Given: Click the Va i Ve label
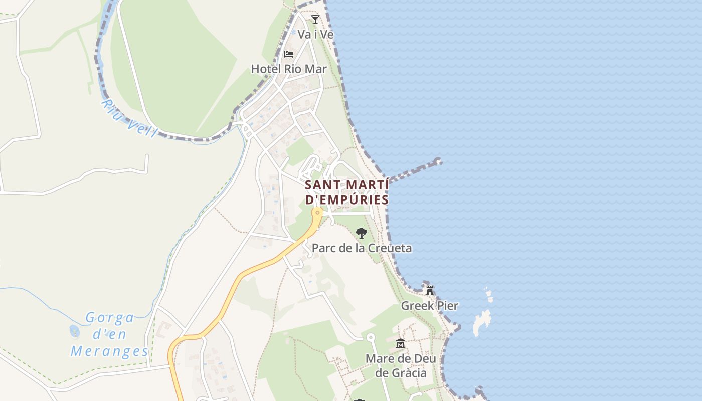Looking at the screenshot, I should click(315, 35).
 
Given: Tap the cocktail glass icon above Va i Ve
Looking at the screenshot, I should click(315, 20).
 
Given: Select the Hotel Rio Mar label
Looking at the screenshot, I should click(289, 69).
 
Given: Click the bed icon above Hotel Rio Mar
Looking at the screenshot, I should click(289, 54).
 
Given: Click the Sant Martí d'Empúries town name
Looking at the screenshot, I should click(347, 192).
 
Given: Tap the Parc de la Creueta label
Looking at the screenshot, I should click(362, 248).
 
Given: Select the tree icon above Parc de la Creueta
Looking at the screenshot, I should click(361, 233).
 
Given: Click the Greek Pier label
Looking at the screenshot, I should click(429, 306).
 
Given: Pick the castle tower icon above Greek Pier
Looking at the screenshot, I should click(429, 290).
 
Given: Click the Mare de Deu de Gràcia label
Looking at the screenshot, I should click(401, 366).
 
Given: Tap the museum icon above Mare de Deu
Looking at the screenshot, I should click(400, 344).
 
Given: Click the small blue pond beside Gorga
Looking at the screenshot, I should click(74, 331).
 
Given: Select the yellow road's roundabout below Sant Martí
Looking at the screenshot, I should click(317, 213).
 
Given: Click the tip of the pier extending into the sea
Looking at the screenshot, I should click(438, 161).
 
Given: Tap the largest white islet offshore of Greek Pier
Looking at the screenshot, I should click(482, 322).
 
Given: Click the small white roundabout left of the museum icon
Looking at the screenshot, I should click(371, 337).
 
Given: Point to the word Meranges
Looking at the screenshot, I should click(110, 351).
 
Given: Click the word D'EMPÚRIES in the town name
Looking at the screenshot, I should click(347, 199).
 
